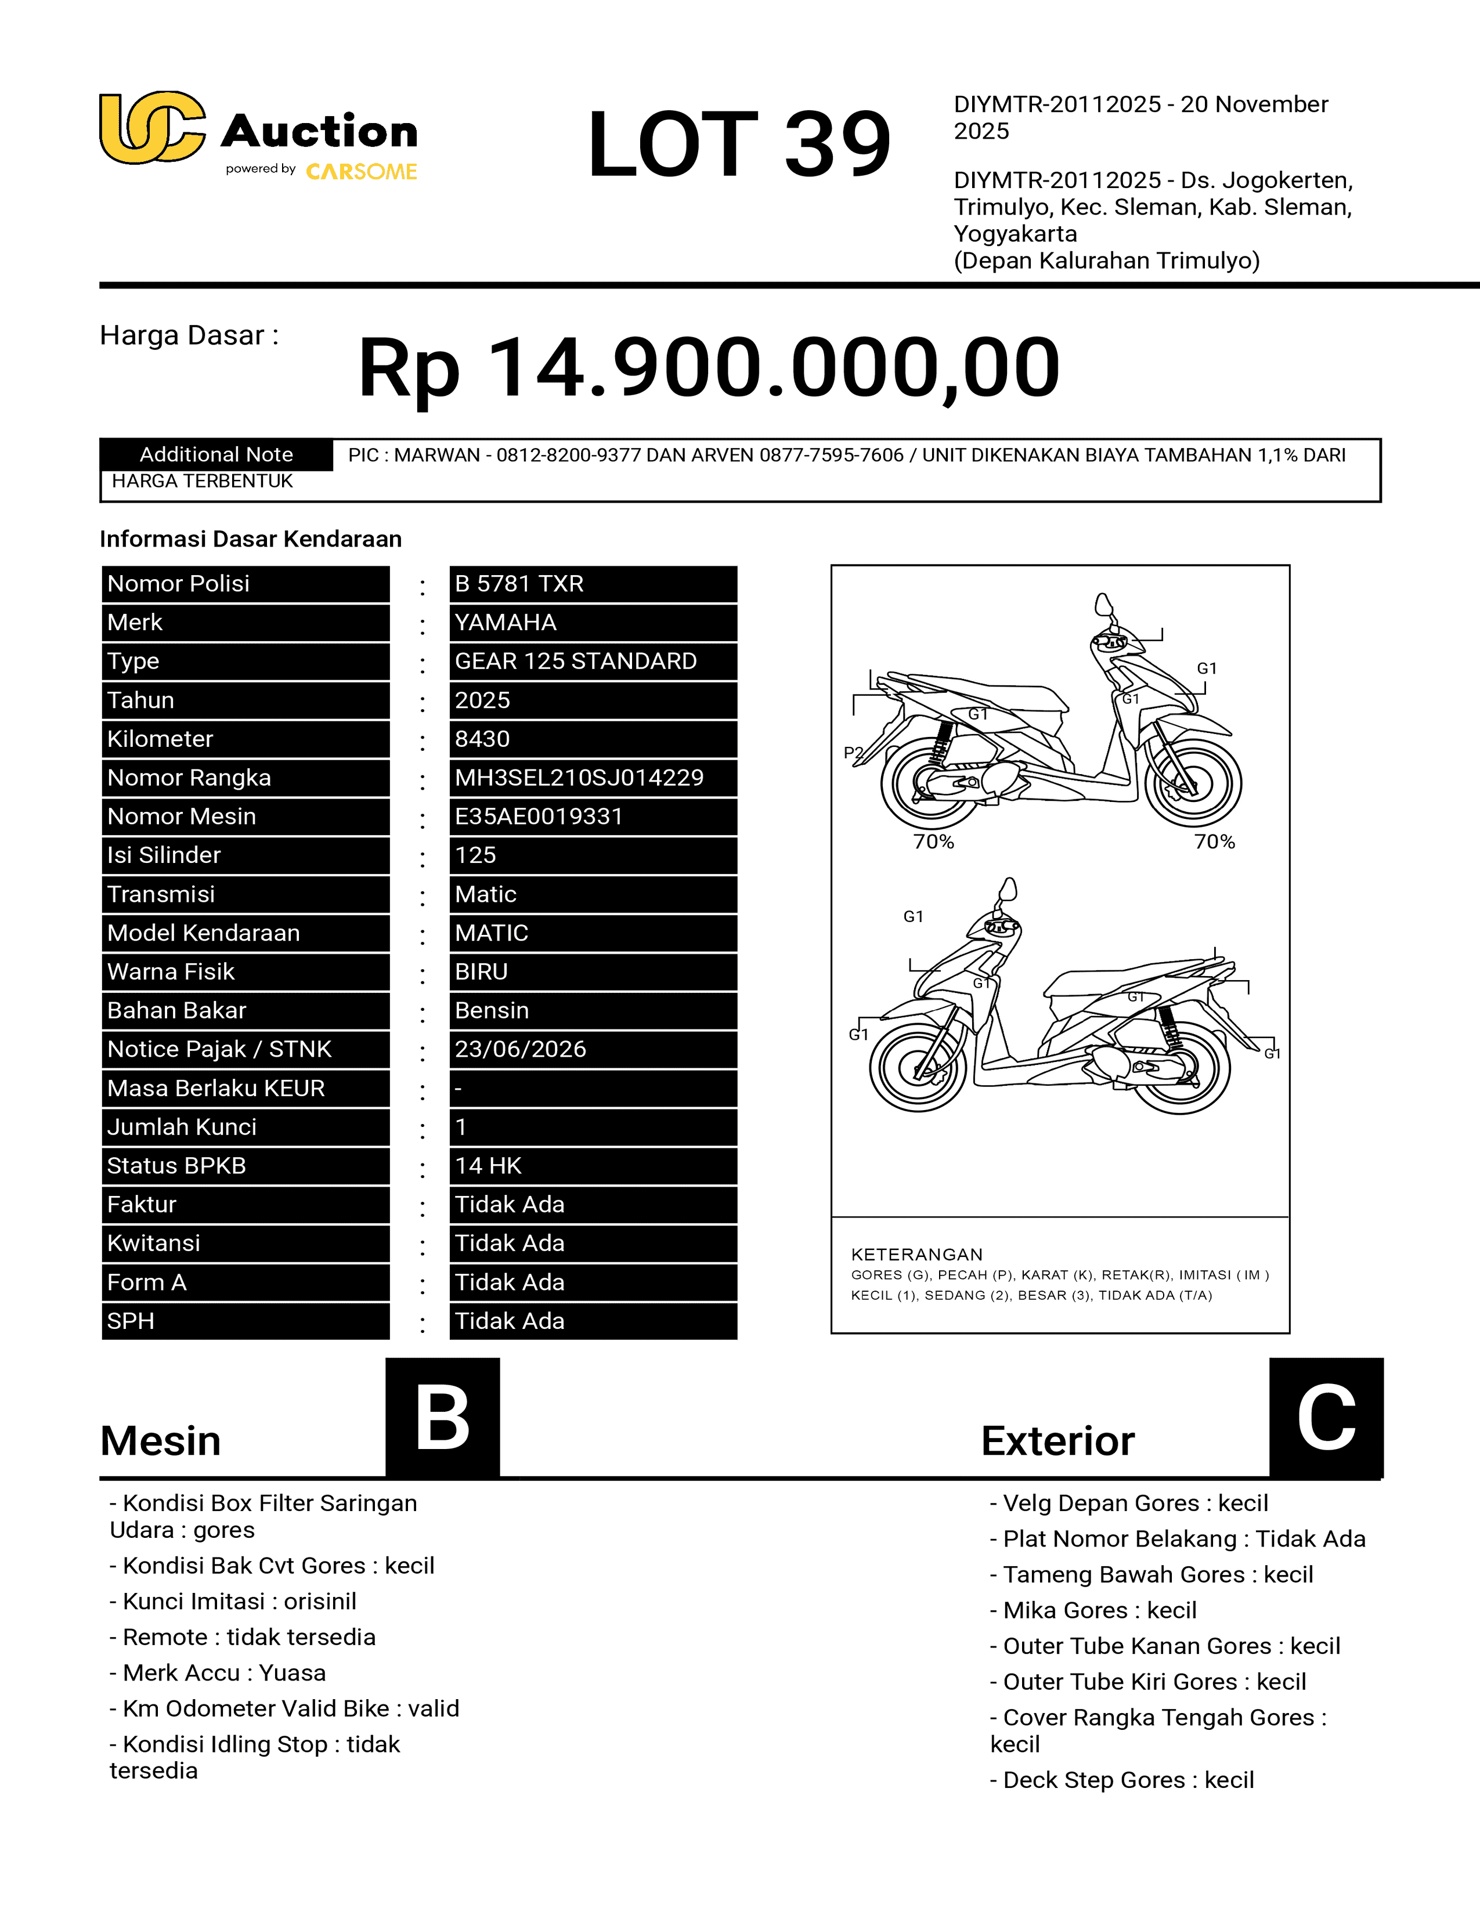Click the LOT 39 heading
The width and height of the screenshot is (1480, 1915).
[x=738, y=144]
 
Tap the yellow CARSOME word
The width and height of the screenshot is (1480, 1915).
[x=361, y=172]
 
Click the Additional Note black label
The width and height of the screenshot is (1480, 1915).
[x=216, y=454]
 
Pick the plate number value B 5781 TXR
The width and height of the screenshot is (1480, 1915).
[x=519, y=584]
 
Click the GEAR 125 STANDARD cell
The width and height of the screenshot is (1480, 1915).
[x=575, y=661]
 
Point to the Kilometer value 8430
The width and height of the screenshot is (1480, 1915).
[x=482, y=739]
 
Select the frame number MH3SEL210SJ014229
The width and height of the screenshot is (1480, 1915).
[x=579, y=778]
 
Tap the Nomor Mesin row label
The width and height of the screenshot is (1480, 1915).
[x=182, y=816]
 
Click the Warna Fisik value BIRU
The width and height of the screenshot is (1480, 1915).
[x=481, y=971]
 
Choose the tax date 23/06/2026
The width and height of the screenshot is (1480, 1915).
[x=520, y=1050]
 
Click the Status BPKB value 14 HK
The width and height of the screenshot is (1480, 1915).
[x=488, y=1166]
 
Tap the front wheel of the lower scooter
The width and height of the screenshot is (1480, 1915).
[x=918, y=1066]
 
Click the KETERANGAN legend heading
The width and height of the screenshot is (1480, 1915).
[x=916, y=1255]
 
